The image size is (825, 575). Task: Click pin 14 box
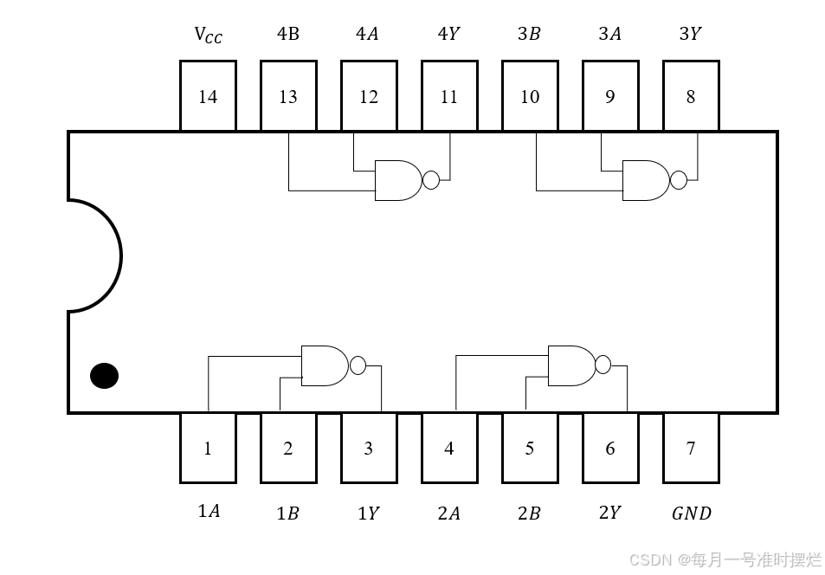pyautogui.click(x=208, y=96)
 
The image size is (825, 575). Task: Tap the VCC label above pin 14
pyautogui.click(x=208, y=36)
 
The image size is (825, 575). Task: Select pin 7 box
pyautogui.click(x=691, y=448)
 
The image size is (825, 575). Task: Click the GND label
pyautogui.click(x=691, y=514)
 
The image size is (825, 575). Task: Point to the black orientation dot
pyautogui.click(x=104, y=376)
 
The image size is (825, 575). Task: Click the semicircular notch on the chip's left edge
pyautogui.click(x=94, y=255)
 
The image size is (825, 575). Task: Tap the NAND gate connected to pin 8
pyautogui.click(x=646, y=180)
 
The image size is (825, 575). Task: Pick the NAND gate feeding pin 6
pyautogui.click(x=572, y=365)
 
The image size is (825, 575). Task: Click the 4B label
pyautogui.click(x=288, y=35)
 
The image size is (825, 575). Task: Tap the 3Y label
pyautogui.click(x=691, y=35)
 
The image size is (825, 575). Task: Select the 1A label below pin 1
pyautogui.click(x=208, y=512)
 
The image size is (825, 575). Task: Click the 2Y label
pyautogui.click(x=610, y=513)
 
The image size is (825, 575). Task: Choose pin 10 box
pyautogui.click(x=530, y=96)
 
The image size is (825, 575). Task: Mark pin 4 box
pyautogui.click(x=449, y=448)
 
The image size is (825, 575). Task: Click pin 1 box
pyautogui.click(x=208, y=448)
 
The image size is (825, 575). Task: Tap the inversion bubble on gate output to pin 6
pyautogui.click(x=603, y=365)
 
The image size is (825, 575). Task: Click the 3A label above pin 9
pyautogui.click(x=610, y=35)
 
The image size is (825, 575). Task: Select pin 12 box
pyautogui.click(x=369, y=96)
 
